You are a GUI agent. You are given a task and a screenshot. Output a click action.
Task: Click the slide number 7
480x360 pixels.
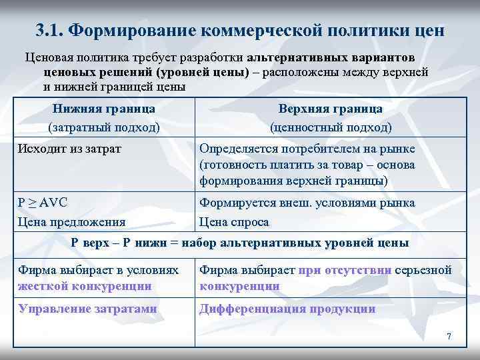pos(449,336)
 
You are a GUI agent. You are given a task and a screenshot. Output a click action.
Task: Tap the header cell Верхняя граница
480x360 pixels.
pos(330,109)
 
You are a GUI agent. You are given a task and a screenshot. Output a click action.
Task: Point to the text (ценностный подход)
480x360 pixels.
pos(330,127)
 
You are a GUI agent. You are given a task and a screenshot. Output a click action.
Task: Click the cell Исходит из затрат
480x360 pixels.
pos(69,148)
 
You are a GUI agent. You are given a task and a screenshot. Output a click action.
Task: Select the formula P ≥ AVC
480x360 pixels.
pos(43,203)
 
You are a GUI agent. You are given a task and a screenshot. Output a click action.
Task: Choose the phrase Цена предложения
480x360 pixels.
pos(72,221)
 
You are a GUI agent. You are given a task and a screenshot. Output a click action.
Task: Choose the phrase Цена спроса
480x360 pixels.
pos(234,221)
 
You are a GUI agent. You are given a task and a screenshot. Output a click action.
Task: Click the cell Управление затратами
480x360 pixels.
pos(87,309)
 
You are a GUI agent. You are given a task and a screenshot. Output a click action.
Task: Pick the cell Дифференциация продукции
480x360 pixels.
pos(287,309)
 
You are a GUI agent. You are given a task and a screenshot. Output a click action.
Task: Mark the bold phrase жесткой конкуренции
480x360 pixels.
pos(85,286)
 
